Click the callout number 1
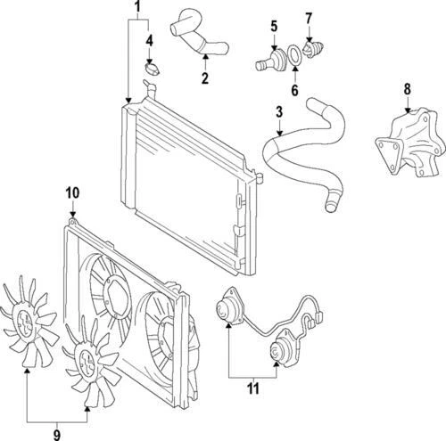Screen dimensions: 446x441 [137, 8]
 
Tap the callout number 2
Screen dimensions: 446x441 [205, 78]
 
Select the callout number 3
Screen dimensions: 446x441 [279, 112]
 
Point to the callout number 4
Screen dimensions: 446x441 [149, 41]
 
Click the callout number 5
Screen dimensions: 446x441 [274, 26]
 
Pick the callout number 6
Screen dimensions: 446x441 [294, 90]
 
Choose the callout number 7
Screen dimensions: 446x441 [309, 19]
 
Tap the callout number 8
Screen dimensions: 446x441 [407, 89]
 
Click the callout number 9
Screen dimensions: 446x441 [57, 435]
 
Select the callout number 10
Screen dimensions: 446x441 [72, 193]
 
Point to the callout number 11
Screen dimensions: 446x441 [253, 388]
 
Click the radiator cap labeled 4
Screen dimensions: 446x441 [153, 69]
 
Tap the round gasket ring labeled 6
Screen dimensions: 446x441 [294, 55]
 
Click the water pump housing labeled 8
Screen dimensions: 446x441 [407, 143]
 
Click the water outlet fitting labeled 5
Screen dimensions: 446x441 [271, 61]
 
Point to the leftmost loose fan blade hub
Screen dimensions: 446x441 [29, 323]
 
